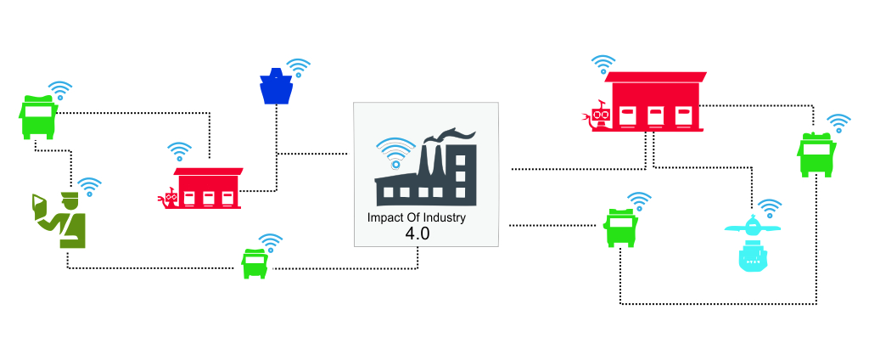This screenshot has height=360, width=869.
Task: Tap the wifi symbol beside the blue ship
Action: (298, 68)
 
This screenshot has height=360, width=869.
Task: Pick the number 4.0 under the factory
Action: (418, 233)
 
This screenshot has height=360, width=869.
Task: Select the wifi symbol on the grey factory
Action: (395, 153)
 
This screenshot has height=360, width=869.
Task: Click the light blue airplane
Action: (752, 228)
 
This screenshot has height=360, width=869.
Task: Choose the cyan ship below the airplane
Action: (754, 256)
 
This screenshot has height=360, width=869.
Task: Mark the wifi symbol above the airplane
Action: (769, 207)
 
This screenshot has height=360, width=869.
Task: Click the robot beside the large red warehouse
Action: (595, 115)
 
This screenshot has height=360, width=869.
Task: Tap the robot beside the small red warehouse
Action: (168, 199)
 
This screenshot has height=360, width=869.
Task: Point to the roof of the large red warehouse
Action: (656, 77)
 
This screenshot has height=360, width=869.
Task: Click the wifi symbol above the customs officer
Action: (89, 187)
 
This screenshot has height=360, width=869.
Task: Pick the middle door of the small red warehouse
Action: (209, 198)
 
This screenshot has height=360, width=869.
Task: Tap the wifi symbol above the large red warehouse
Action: (603, 64)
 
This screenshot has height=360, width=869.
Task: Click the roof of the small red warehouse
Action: (209, 172)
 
